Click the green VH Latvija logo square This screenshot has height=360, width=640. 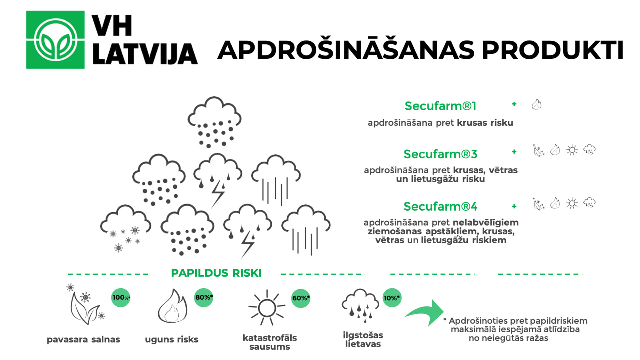pos(55,40)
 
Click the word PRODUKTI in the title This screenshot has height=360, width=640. pos(552,50)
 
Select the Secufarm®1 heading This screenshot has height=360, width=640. pos(440,106)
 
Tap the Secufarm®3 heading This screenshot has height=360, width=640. pos(440,154)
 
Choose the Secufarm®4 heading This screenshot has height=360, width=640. pos(440,206)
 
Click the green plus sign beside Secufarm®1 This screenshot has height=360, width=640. pos(514,104)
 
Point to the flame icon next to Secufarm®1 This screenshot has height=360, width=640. pos(536,104)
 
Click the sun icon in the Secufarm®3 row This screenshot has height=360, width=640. pos(572,150)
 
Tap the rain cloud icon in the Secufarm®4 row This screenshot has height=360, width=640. pos(589,203)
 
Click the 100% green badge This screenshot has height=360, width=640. pos(121,297)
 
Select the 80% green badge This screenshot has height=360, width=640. pos(204,297)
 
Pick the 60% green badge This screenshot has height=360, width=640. pos(301,298)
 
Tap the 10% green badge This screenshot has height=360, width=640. pos(392,298)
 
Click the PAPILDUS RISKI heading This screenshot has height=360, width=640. pos(216,273)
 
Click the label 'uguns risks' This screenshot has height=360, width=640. pos(172,339)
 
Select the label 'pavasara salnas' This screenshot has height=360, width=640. pos(83,339)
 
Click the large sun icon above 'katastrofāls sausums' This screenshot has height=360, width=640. pos(267,308)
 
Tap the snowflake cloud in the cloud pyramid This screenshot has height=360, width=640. pos(125,228)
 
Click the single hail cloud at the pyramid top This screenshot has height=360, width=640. pos(214,122)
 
